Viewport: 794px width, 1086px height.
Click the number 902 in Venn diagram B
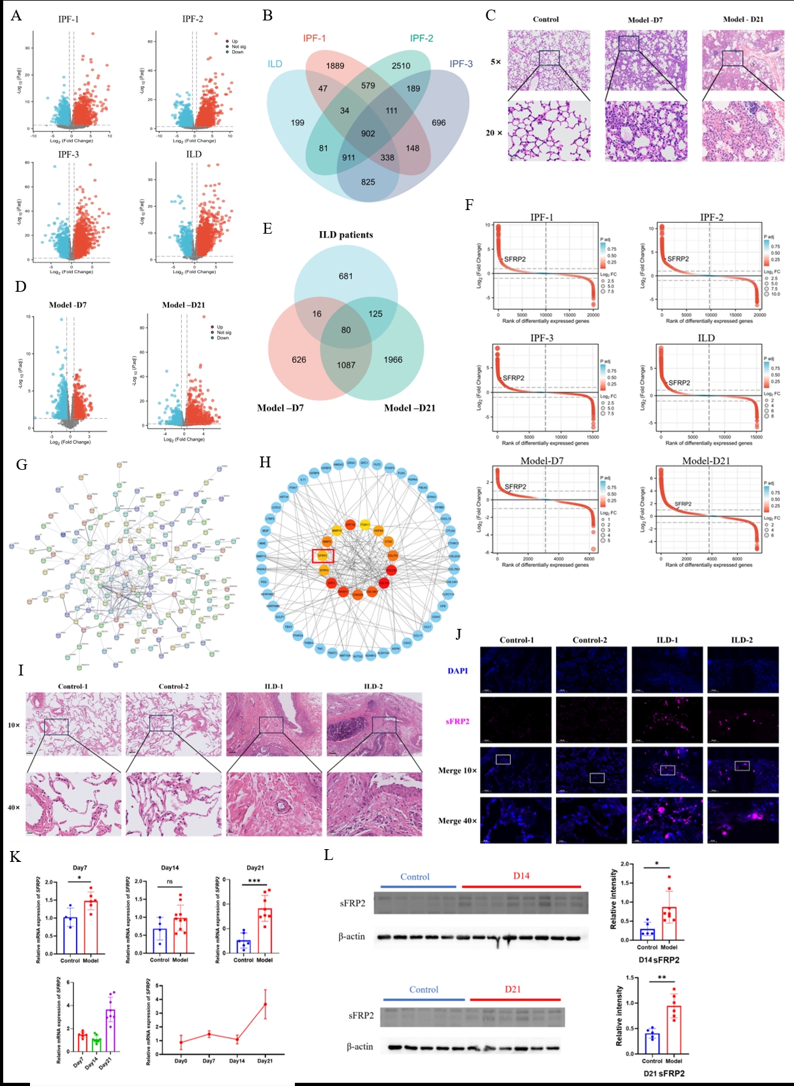click(368, 133)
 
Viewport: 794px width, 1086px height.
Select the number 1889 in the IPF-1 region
click(334, 66)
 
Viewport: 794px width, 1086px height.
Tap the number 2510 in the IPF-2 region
click(401, 66)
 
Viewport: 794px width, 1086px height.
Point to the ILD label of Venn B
click(275, 64)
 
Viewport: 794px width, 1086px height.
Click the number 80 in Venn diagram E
click(346, 330)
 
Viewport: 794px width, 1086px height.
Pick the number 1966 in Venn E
click(393, 359)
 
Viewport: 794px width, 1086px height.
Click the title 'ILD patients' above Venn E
click(346, 235)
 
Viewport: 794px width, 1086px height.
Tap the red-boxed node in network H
click(322, 555)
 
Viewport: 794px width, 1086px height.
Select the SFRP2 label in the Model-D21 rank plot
click(683, 504)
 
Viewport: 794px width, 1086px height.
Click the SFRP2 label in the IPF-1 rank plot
click(514, 259)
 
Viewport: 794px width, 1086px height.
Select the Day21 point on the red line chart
click(265, 1004)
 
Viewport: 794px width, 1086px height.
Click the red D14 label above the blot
click(521, 876)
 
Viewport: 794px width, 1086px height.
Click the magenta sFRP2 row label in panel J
click(458, 721)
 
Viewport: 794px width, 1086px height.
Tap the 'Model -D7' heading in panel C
click(645, 20)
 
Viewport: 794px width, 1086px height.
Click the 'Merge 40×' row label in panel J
click(457, 821)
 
